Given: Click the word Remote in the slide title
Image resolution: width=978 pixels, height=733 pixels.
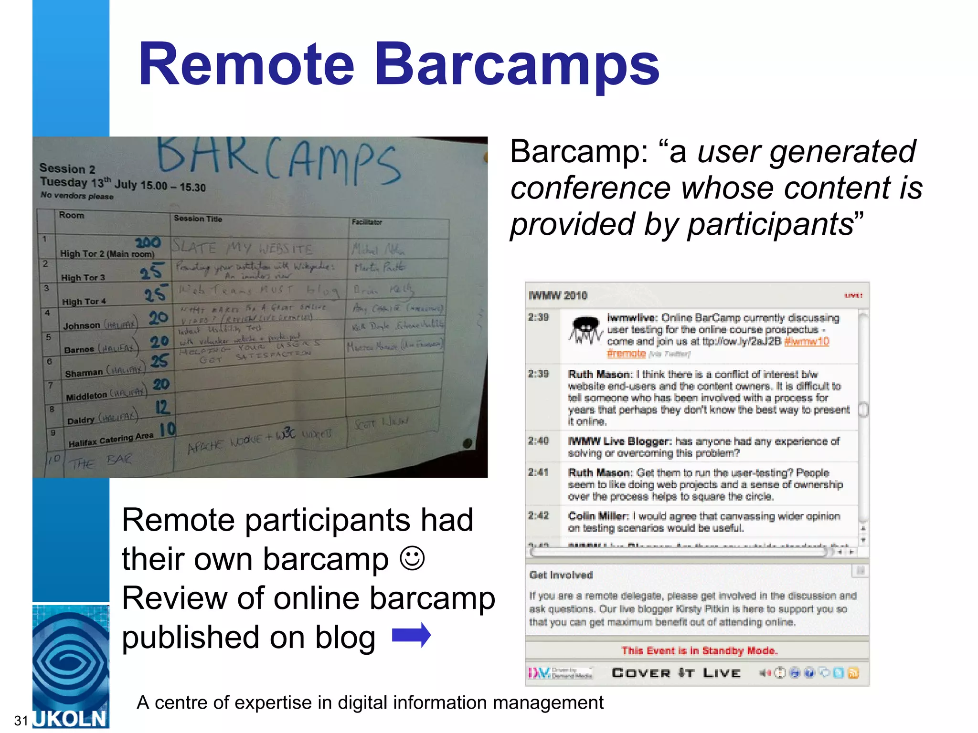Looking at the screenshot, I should click(246, 64).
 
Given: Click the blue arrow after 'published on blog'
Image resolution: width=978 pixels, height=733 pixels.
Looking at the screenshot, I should click(411, 635).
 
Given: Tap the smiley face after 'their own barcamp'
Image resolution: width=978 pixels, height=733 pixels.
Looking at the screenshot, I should click(412, 558).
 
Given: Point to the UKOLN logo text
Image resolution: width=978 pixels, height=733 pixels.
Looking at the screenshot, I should click(70, 719).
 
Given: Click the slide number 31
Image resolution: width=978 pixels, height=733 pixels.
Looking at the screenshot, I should click(21, 720).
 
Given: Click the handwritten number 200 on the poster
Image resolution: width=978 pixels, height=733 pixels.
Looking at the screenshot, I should click(148, 242).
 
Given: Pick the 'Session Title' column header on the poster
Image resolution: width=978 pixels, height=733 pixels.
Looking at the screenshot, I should click(198, 219).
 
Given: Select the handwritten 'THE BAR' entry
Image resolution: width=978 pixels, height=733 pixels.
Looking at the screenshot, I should click(100, 461).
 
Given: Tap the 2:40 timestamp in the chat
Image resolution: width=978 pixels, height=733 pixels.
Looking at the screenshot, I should click(538, 440).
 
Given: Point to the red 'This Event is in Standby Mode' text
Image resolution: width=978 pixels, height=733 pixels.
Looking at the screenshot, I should click(699, 650).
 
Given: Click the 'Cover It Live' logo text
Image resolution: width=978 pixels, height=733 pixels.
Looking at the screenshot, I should click(676, 673).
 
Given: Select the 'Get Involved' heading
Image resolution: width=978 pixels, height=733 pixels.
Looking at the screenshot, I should click(561, 575).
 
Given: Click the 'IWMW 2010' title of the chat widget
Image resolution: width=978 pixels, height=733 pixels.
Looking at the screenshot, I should click(558, 295).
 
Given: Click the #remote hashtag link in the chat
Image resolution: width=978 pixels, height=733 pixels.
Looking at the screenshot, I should click(626, 353).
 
